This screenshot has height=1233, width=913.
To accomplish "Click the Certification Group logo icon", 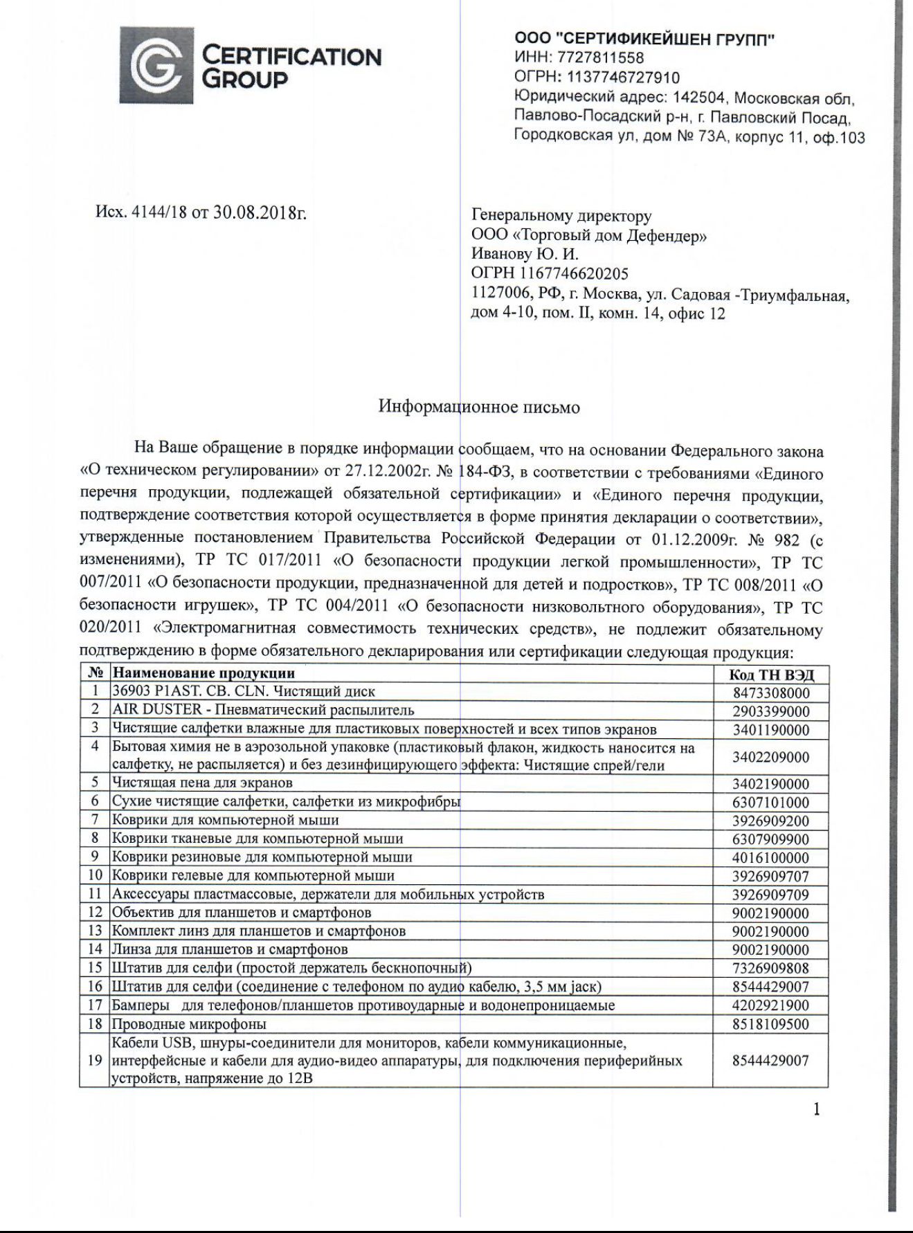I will tap(156, 66).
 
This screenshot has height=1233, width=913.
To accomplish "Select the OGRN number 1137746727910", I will tap(623, 77).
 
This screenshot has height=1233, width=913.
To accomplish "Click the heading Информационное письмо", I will tap(479, 407).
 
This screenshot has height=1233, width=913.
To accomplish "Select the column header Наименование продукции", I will tap(204, 673).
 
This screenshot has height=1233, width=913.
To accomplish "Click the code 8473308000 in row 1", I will tap(770, 693).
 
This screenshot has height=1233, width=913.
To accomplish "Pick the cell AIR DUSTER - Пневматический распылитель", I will tap(263, 710).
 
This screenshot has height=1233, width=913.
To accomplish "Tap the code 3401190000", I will tap(770, 730).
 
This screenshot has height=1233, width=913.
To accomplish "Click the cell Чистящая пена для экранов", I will tap(202, 783).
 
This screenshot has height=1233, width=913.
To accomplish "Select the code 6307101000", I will tap(770, 803).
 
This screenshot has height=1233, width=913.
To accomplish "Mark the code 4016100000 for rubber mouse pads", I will tap(770, 858).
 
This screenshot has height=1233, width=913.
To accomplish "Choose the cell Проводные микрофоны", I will tap(189, 1024).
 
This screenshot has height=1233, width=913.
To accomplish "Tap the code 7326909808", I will tap(770, 969).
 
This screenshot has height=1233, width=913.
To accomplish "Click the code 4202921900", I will tap(770, 1005).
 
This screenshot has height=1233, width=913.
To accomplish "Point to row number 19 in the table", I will tap(95, 1061).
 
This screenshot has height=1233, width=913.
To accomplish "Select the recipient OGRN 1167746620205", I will tap(550, 274).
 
